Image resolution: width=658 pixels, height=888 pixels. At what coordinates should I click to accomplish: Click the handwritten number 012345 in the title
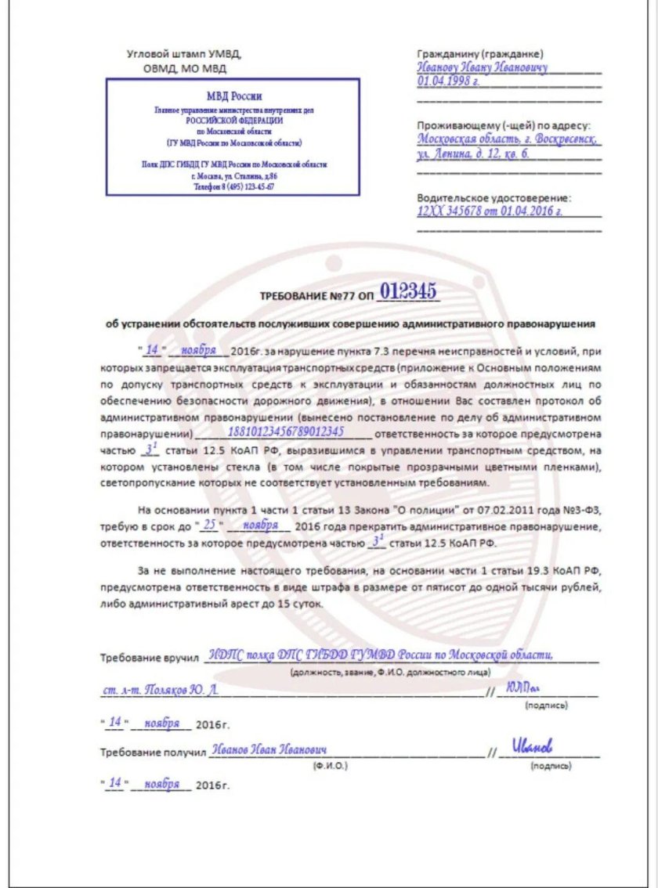click(x=408, y=293)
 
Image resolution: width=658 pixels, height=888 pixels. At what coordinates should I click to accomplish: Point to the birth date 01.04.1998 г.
click(x=448, y=81)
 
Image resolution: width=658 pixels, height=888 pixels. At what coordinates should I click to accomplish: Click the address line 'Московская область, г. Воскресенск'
click(x=508, y=139)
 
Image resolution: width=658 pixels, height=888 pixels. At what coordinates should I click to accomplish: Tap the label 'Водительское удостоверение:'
click(x=494, y=198)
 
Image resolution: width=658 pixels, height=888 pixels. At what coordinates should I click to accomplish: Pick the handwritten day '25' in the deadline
click(x=209, y=524)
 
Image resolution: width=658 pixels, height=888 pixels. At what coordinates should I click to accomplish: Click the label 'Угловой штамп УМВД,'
click(x=184, y=54)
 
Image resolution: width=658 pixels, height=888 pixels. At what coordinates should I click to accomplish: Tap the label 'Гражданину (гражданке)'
click(x=480, y=54)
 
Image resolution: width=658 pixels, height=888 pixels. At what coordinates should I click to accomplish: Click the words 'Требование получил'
click(x=151, y=753)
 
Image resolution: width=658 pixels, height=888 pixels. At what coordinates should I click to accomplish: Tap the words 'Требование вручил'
click(x=148, y=658)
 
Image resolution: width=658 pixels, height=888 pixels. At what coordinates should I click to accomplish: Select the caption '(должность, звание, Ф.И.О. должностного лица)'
click(x=390, y=672)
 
